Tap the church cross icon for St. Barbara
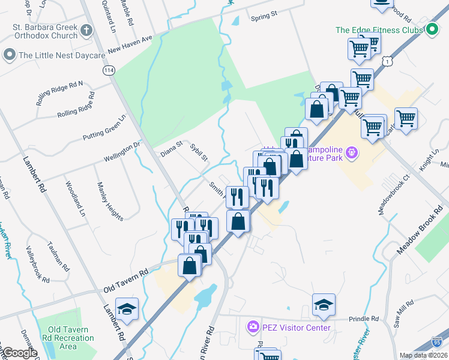pos(86,30)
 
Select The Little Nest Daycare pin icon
pos(10,55)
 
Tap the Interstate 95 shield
pos(438,343)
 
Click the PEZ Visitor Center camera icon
pos(253,327)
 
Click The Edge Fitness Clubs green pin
pos(431,30)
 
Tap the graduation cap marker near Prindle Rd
pos(324,305)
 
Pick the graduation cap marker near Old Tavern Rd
pos(127,309)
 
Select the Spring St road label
pos(264,14)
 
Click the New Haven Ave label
pos(130,44)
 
